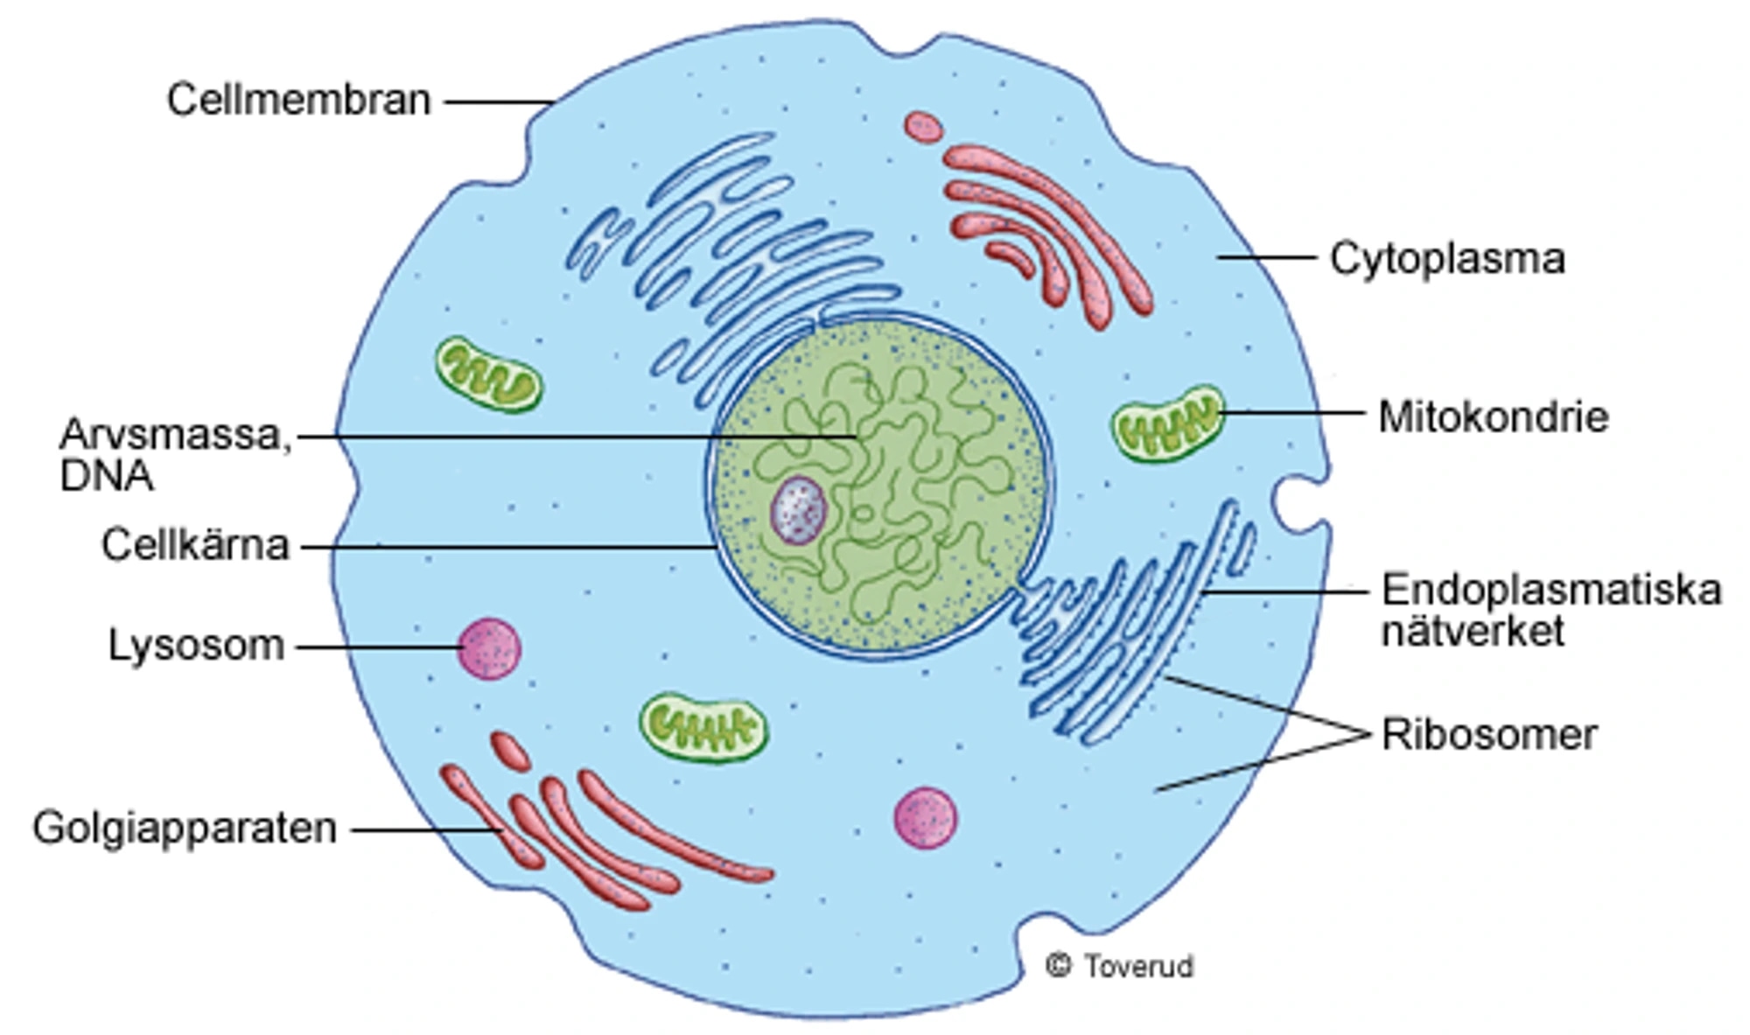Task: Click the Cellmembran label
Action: point(298,100)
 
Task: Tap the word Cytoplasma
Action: point(1447,259)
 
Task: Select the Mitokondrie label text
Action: point(1493,416)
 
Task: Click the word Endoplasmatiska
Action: point(1550,590)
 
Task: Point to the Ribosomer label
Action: point(1488,734)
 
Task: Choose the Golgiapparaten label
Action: point(185,828)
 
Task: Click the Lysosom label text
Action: point(196,646)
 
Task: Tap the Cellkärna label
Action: point(195,545)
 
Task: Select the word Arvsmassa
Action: point(174,435)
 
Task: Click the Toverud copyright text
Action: point(1120,966)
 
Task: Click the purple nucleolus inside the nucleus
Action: point(798,510)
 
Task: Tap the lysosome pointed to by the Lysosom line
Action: point(489,648)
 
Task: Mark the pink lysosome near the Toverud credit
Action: point(925,818)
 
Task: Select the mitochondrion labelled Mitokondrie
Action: point(1167,423)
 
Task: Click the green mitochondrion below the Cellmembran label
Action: point(488,374)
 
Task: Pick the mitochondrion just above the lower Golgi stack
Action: point(703,726)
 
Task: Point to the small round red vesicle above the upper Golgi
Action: point(923,127)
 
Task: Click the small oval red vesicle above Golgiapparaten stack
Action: point(510,752)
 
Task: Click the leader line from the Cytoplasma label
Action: point(1266,257)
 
